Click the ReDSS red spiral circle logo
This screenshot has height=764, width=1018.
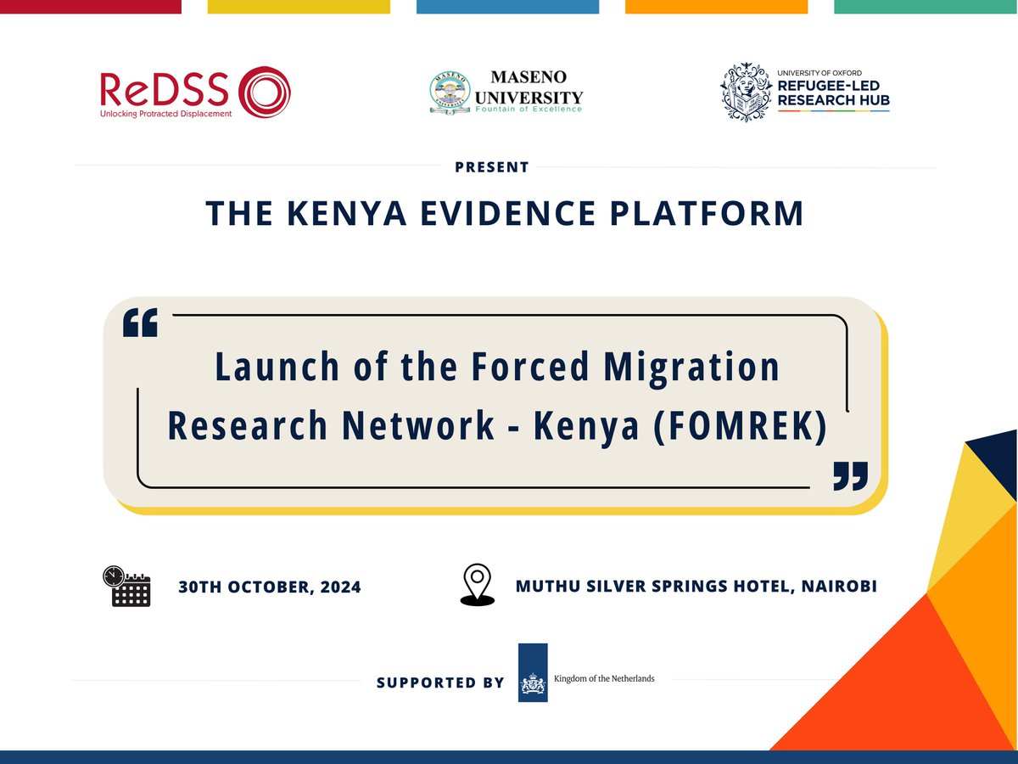[x=265, y=92]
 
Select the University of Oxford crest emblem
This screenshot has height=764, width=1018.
[x=747, y=92]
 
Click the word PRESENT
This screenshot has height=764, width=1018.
[x=492, y=167]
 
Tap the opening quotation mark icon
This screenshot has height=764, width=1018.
[x=140, y=323]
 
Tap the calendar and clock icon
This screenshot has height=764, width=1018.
[x=126, y=586]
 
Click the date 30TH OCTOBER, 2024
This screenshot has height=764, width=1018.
[x=270, y=587]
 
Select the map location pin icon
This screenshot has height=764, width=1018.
[x=477, y=585]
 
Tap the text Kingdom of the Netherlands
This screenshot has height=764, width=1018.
[x=603, y=678]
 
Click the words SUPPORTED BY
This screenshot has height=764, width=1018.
[x=440, y=683]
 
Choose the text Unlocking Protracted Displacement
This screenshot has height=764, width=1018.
[x=166, y=114]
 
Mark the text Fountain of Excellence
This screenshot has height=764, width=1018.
[x=529, y=109]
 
